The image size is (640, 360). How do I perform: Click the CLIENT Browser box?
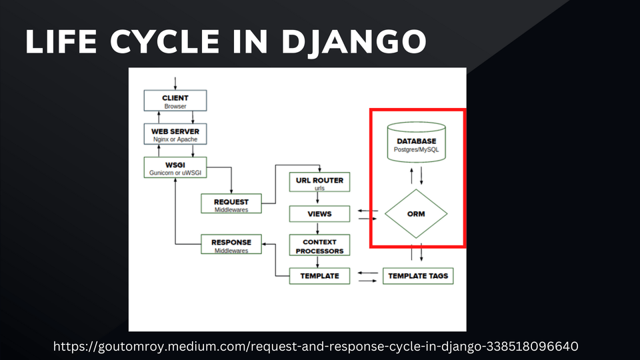coord(175,101)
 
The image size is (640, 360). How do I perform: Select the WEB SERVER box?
coord(175,134)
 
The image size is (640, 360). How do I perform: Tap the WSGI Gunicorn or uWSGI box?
coord(175,167)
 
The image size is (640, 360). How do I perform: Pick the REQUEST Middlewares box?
coord(231,203)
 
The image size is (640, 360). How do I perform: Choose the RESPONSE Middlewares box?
coord(231,244)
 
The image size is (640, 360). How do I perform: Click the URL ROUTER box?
coord(319,182)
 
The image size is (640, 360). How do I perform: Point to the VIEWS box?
coord(319,214)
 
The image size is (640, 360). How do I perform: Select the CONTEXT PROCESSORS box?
coord(319,245)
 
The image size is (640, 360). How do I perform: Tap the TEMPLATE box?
coord(319,276)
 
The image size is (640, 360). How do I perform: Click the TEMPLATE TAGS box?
coord(418,276)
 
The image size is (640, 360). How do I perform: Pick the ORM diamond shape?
coord(416,214)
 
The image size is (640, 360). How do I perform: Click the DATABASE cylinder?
coord(416,142)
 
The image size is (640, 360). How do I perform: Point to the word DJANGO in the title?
coord(354,41)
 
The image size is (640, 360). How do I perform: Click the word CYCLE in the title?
coord(165,41)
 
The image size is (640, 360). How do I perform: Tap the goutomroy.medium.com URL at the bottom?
coord(315,346)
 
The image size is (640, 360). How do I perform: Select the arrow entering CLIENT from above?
coord(175,83)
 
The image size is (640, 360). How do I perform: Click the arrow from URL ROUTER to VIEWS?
coord(317,199)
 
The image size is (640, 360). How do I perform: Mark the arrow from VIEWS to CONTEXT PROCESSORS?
coord(317,228)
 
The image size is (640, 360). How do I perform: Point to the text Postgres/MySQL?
coord(416,150)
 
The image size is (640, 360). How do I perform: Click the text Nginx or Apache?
coord(175,139)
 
